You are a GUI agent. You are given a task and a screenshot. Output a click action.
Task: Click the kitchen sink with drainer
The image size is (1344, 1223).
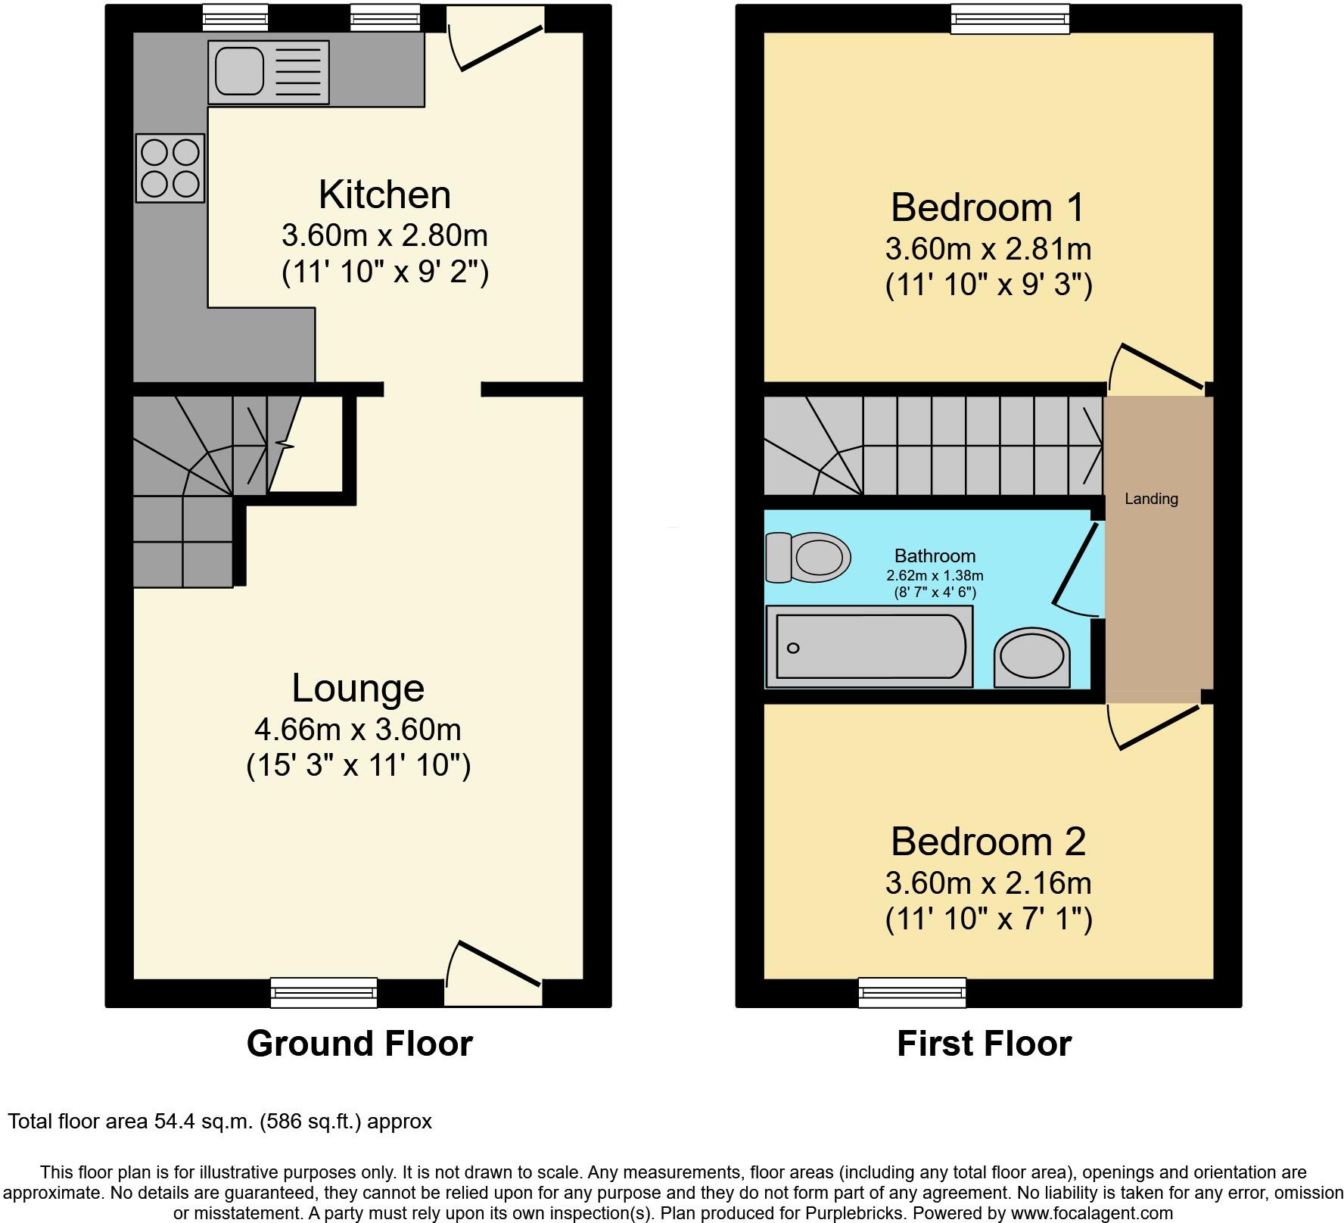(268, 72)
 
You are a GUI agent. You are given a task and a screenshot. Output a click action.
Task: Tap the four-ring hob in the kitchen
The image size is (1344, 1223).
(170, 168)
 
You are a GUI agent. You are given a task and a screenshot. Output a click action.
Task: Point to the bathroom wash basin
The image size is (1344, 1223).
(1032, 657)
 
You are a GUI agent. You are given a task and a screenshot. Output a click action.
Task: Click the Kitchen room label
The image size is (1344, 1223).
(384, 194)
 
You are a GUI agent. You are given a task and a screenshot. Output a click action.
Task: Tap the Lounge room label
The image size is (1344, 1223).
(358, 688)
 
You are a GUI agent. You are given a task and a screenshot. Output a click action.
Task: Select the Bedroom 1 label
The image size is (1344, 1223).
(988, 207)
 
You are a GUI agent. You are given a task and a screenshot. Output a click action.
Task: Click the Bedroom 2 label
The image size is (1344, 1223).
(988, 842)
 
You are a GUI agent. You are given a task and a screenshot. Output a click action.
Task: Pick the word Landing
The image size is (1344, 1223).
(1151, 499)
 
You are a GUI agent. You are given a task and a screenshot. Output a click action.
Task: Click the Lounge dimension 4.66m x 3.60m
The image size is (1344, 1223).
(358, 730)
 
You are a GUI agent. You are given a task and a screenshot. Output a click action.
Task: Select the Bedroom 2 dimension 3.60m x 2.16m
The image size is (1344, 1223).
(988, 883)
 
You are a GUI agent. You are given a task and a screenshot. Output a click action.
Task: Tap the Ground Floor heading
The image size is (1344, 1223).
(359, 1044)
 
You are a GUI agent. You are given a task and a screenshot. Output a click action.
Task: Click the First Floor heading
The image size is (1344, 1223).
(984, 1044)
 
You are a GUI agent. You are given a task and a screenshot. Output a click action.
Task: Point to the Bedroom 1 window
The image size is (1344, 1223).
(1010, 19)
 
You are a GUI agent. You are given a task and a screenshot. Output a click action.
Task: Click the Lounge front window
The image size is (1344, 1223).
(324, 992)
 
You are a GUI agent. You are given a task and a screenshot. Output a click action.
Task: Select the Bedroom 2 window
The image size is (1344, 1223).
(912, 992)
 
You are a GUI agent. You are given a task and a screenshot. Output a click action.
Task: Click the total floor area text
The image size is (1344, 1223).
(219, 1122)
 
